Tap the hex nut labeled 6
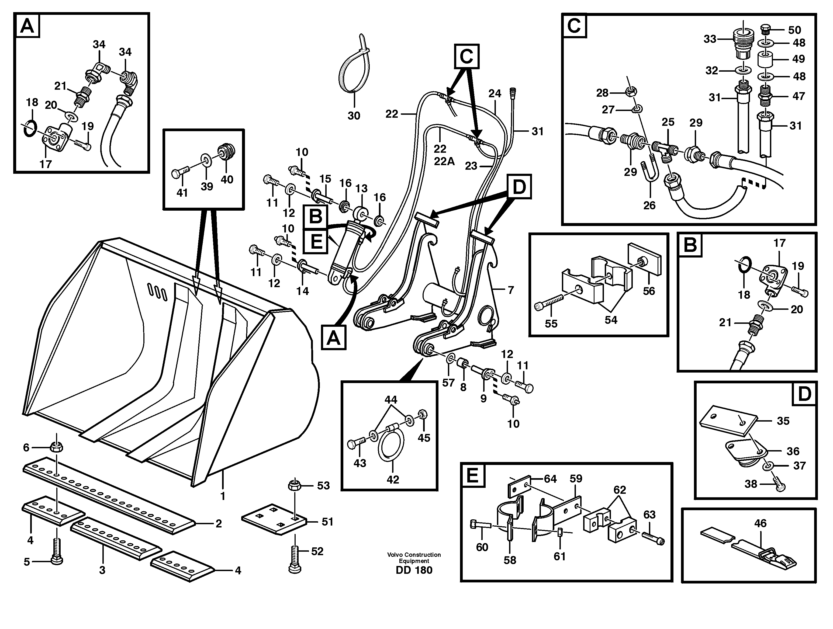point(57,447)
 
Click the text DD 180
point(414,570)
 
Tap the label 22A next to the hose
point(444,161)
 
